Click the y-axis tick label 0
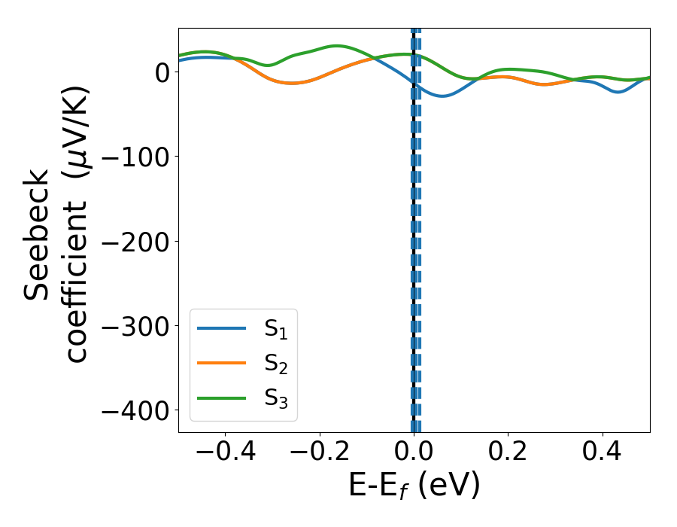point(162,72)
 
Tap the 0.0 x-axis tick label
point(414,454)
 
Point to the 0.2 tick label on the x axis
point(508,454)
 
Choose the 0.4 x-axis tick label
point(603,454)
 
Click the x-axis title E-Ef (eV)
point(414,487)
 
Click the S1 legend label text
point(276,329)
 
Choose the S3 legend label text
point(276,398)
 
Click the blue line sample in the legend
point(222,329)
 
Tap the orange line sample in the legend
point(222,364)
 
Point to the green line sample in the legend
point(222,398)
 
